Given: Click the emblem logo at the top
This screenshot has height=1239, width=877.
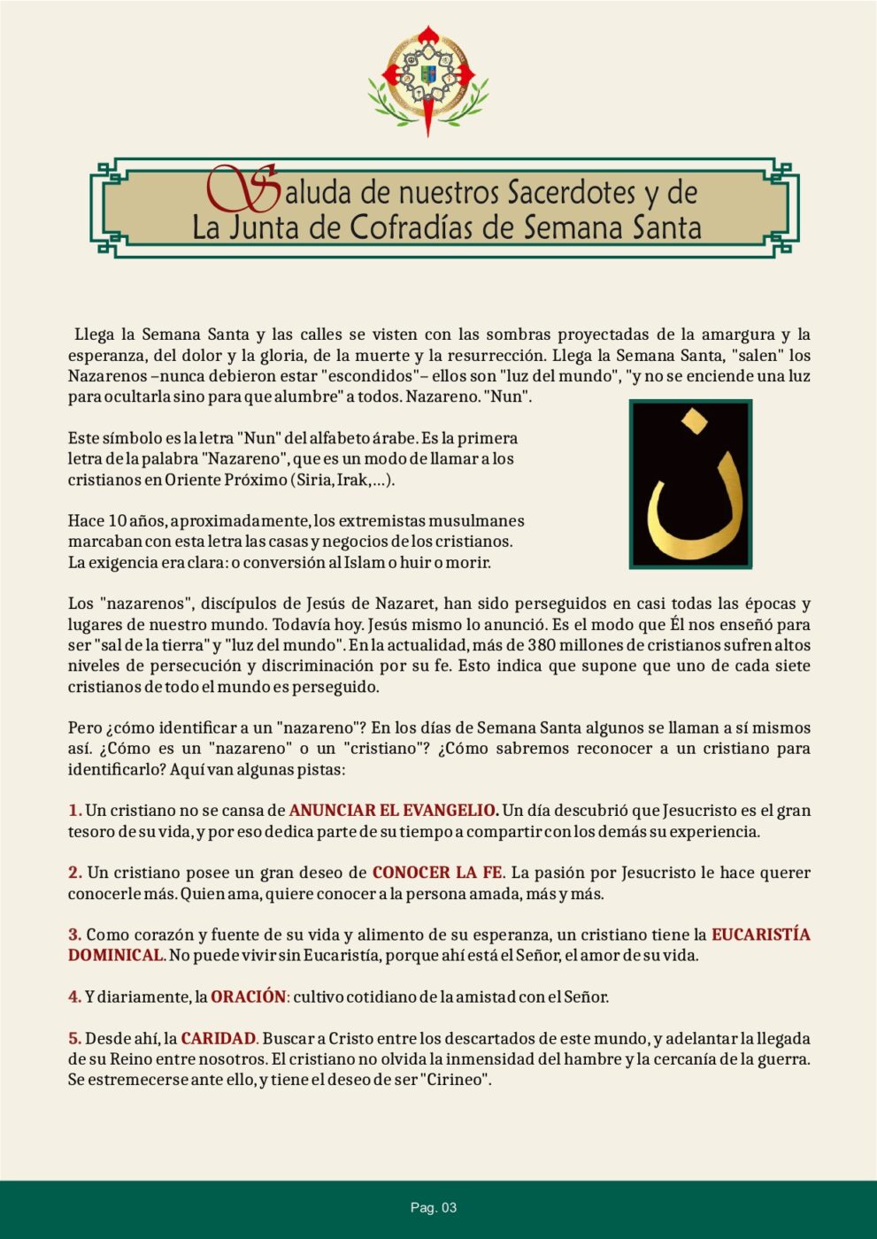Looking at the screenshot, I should click(x=428, y=80).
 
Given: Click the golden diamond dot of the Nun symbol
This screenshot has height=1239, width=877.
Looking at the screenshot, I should click(x=693, y=421).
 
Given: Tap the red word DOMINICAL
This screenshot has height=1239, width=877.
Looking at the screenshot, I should click(x=117, y=956).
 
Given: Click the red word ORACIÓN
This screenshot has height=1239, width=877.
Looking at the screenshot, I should click(x=249, y=997).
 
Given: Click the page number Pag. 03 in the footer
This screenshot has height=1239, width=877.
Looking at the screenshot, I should click(x=434, y=1208).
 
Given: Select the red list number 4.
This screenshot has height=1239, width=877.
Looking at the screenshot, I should click(x=74, y=997).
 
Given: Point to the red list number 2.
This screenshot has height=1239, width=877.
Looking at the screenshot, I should click(x=74, y=873).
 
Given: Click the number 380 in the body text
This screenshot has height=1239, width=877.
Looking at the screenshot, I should click(x=542, y=645).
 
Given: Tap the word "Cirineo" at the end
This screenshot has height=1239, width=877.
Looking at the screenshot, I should click(x=456, y=1080).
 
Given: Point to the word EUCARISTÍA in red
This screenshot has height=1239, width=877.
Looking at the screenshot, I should click(x=761, y=935).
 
